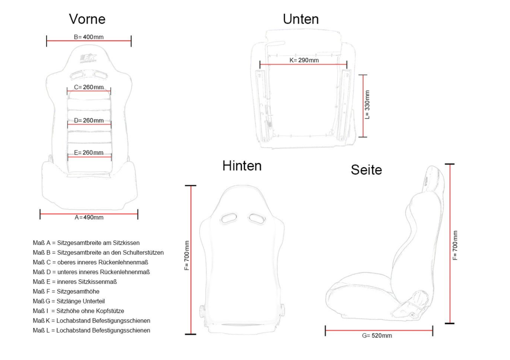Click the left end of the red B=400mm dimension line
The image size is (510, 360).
[47, 41]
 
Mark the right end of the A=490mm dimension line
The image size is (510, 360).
[138, 214]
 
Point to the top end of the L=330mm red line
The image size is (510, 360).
[363, 75]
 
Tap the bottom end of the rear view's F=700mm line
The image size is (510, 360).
[191, 334]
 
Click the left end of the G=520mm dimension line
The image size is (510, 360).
[325, 330]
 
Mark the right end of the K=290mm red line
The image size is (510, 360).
[347, 64]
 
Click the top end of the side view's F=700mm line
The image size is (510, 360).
[450, 164]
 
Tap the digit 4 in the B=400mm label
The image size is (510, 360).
[84, 37]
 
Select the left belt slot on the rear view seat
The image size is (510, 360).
[228, 218]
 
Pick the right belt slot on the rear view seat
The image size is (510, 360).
[257, 218]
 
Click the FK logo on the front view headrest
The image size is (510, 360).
[88, 58]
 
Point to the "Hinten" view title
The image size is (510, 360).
[242, 165]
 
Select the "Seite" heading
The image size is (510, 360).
[366, 170]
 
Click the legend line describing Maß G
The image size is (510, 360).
[69, 301]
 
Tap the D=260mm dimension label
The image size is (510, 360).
[89, 120]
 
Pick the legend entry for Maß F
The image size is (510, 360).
[66, 291]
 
